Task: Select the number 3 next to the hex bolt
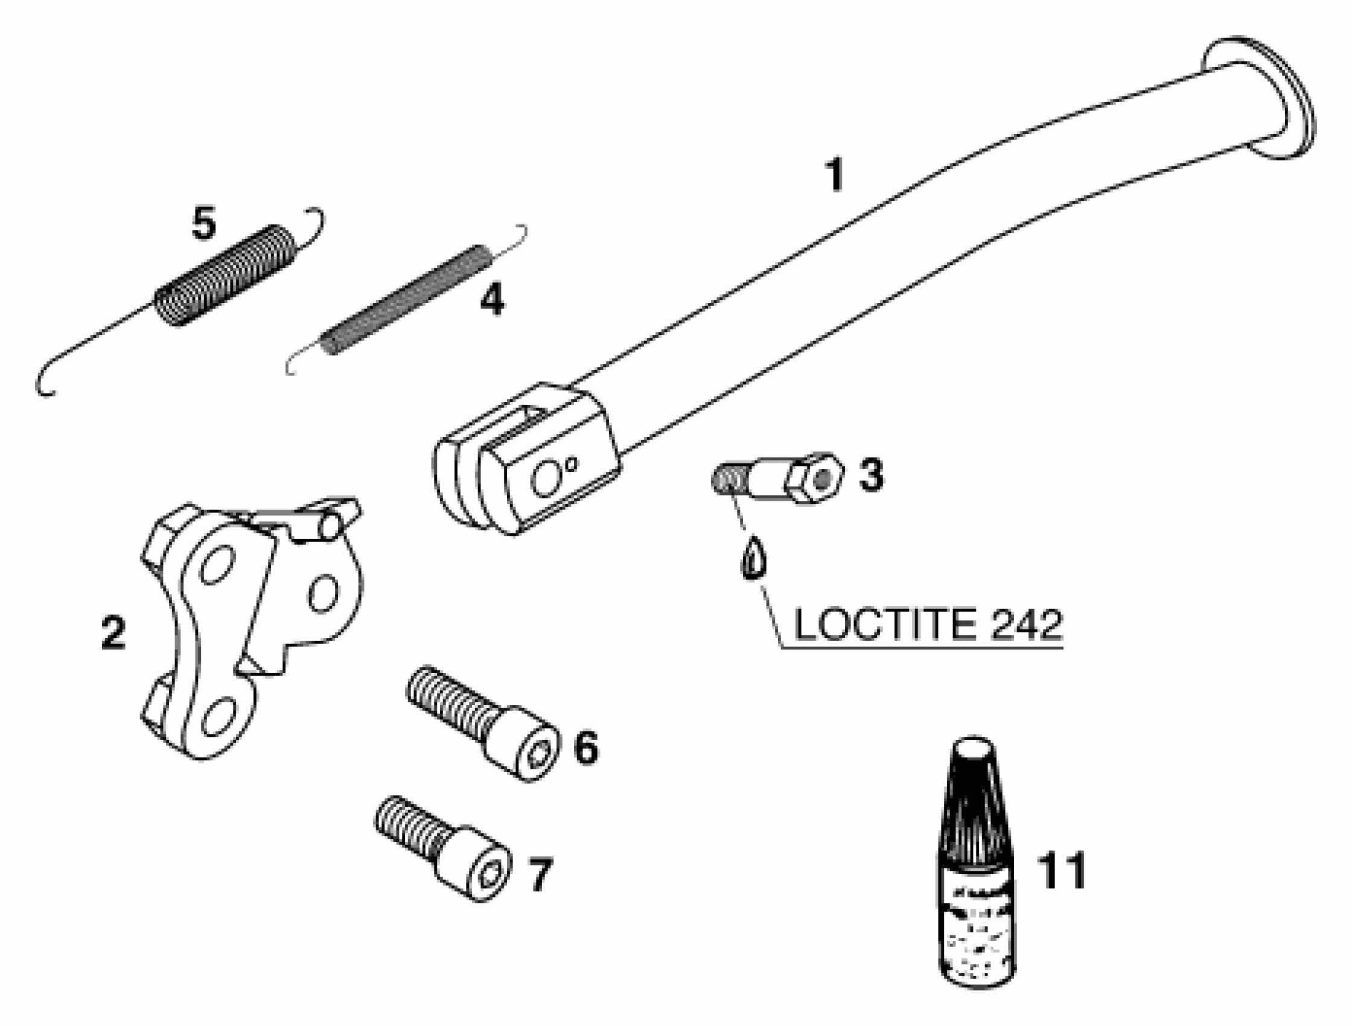click(871, 475)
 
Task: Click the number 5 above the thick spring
click(203, 224)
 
